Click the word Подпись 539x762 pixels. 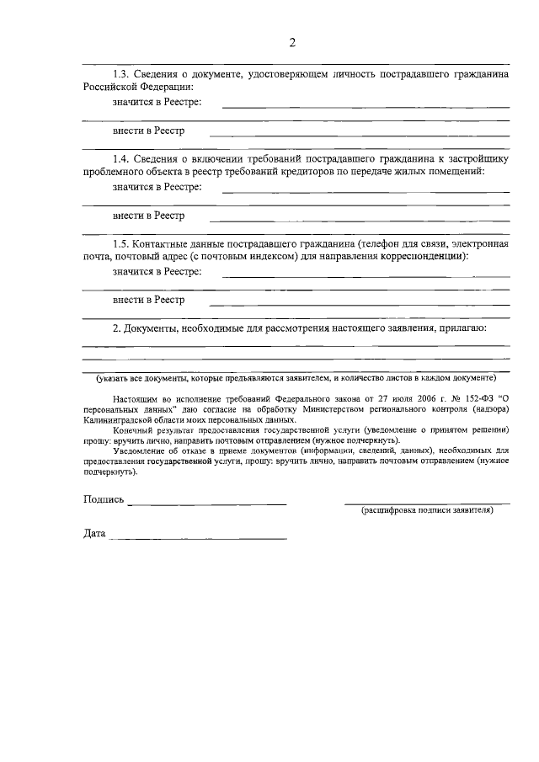(x=104, y=500)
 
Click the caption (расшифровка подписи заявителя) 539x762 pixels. (x=427, y=511)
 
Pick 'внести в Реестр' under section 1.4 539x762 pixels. (x=148, y=216)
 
